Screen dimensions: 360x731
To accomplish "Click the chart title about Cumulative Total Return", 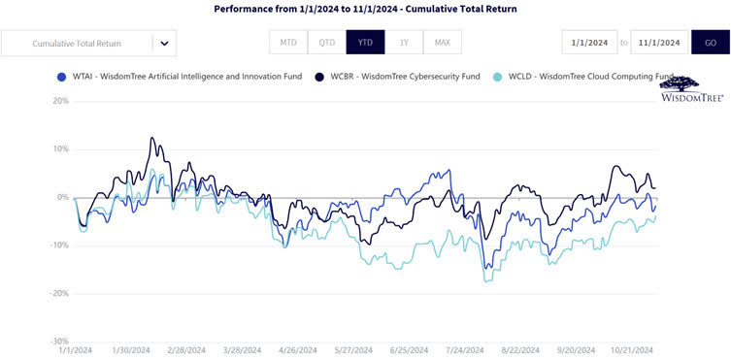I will [x=365, y=9].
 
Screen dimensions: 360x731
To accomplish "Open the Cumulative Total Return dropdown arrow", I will [x=164, y=43].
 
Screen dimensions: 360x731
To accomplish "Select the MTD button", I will [x=288, y=43].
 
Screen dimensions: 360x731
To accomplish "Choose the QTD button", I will [x=326, y=43].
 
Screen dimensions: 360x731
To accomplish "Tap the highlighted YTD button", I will [x=365, y=43].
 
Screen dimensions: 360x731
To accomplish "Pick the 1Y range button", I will [x=403, y=43].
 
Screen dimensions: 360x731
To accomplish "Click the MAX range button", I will [x=442, y=43].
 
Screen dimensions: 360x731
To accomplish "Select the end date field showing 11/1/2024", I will [x=660, y=43].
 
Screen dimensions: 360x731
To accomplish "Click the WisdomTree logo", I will [x=690, y=89].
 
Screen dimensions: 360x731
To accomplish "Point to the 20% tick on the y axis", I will [x=60, y=101].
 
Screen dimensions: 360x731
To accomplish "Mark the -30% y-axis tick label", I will [x=59, y=341].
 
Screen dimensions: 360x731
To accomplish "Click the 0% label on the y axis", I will [x=62, y=197].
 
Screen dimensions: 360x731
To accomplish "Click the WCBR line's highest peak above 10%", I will [x=151, y=138].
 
